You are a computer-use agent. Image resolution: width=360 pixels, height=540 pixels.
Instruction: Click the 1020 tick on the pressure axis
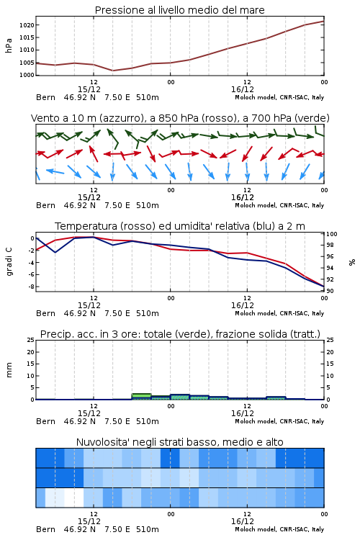point(27,25)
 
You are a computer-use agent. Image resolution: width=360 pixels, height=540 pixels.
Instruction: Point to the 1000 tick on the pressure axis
point(27,75)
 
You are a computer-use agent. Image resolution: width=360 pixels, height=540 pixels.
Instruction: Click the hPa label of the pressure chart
point(9,45)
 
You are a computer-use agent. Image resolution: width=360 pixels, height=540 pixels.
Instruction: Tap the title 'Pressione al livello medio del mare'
point(180,10)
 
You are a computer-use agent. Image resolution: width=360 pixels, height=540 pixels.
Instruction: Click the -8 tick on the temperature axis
point(31,287)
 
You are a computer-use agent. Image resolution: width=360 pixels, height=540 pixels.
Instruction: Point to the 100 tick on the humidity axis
point(332,234)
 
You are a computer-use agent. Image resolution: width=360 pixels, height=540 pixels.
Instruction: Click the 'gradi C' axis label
point(9,262)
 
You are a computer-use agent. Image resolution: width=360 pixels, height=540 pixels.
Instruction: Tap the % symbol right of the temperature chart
point(352,262)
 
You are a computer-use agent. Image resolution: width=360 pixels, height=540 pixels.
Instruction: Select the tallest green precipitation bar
point(142,397)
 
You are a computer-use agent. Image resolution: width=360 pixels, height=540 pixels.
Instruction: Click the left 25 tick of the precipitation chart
point(31,340)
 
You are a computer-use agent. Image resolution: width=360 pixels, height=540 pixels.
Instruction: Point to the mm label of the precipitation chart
point(9,370)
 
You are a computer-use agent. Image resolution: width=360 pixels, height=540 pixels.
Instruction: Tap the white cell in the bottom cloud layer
point(74,498)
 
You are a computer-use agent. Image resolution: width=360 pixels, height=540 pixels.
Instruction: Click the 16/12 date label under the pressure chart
point(243,89)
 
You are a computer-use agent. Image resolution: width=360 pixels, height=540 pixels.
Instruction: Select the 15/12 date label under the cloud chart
point(89,521)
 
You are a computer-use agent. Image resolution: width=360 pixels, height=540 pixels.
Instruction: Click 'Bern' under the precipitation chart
point(46,421)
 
